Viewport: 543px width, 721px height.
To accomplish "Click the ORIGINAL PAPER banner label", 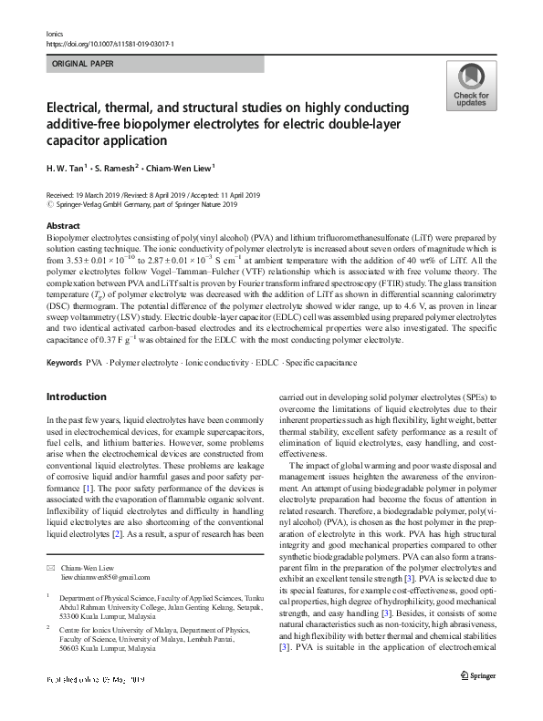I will (x=81, y=65).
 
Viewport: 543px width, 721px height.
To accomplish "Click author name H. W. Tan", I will (x=66, y=167).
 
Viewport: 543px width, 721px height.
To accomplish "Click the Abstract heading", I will (x=63, y=224).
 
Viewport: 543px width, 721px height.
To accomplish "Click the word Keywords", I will (x=63, y=363).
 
